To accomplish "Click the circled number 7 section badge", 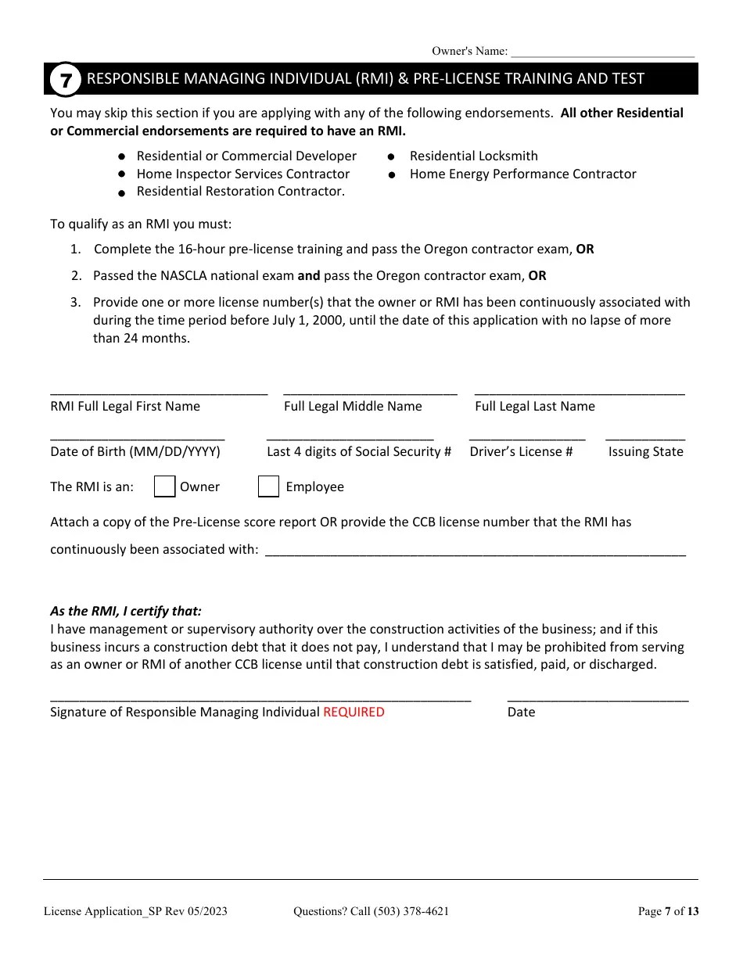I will [66, 80].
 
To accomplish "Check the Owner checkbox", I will [164, 486].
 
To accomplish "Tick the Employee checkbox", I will [268, 486].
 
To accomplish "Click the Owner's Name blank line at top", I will [602, 52].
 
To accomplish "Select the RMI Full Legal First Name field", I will [159, 390].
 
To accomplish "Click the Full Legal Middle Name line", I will [370, 390].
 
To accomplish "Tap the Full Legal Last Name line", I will [580, 390].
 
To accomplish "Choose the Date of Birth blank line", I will [138, 436].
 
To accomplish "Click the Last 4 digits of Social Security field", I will [350, 436].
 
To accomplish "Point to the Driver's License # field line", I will [527, 436].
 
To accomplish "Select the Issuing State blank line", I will [645, 436].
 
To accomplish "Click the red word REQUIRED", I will [354, 712].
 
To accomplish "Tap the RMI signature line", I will [260, 697].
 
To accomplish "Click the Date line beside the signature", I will [598, 697].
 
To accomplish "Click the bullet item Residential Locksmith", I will [473, 156].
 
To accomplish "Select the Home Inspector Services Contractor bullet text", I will [242, 174].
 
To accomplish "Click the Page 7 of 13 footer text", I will [668, 911].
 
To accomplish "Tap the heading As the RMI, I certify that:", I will [125, 612].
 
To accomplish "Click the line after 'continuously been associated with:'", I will [476, 550].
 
